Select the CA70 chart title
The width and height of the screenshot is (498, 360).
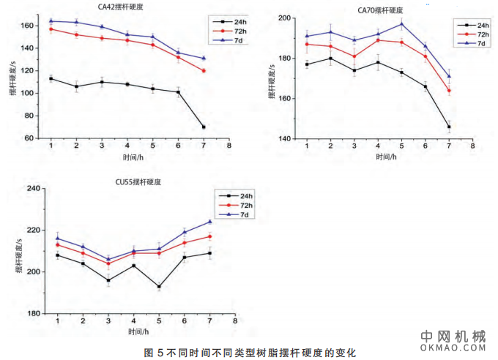pos(380,10)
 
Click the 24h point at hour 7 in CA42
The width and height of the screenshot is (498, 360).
pos(203,127)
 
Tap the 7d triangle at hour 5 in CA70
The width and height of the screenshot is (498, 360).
pos(401,23)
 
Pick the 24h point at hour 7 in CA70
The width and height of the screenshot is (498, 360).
pos(449,127)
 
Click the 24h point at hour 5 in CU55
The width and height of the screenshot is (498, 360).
pos(159,286)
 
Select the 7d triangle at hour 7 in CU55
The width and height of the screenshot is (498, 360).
pos(209,222)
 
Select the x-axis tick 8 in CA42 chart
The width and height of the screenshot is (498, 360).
pos(229,146)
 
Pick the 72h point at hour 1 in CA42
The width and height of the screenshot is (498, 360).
pos(51,29)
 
